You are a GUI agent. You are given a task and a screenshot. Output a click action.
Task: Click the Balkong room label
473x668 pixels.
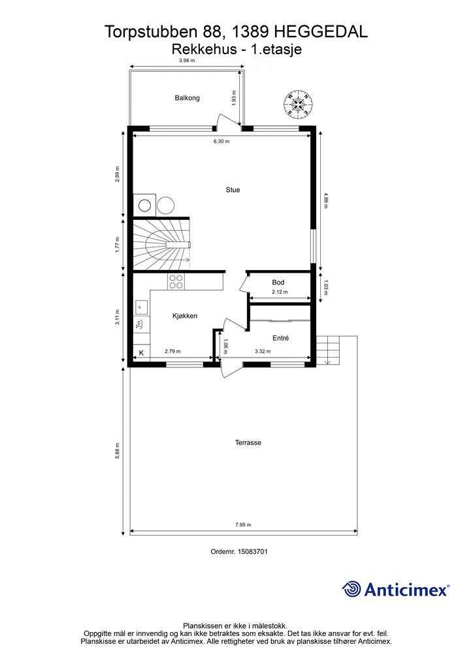pyautogui.click(x=187, y=98)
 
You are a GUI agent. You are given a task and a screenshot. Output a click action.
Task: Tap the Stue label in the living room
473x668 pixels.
pyautogui.click(x=233, y=190)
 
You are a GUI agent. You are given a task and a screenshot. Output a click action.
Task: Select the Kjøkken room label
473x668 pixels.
pyautogui.click(x=185, y=316)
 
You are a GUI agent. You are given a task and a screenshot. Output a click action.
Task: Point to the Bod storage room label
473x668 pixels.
pyautogui.click(x=278, y=282)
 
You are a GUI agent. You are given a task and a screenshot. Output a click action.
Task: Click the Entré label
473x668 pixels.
pyautogui.click(x=281, y=339)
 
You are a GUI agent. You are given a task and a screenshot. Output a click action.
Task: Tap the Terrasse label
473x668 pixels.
pyautogui.click(x=248, y=443)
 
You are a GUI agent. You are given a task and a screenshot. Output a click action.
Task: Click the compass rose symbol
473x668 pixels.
pyautogui.click(x=298, y=103)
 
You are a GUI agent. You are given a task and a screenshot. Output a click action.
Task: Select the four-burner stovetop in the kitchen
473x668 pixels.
pyautogui.click(x=176, y=282)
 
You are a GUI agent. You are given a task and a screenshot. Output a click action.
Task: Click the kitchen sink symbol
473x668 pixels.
pyautogui.click(x=140, y=307)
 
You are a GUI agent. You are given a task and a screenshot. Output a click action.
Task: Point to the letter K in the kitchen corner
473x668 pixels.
pyautogui.click(x=142, y=353)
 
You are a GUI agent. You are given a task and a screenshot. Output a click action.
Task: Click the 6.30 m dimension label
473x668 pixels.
pyautogui.click(x=221, y=142)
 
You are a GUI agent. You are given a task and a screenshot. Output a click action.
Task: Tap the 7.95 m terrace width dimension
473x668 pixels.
pyautogui.click(x=243, y=525)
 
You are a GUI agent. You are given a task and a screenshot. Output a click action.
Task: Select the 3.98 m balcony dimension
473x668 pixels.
pyautogui.click(x=187, y=61)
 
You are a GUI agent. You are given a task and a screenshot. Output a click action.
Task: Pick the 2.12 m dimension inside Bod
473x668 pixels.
pyautogui.click(x=280, y=292)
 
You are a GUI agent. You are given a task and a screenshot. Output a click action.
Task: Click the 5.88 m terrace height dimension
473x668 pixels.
pyautogui.click(x=118, y=451)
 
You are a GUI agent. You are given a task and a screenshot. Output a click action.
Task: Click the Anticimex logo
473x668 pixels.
pyautogui.click(x=395, y=590)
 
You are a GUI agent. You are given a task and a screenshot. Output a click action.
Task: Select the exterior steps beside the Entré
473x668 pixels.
pyautogui.click(x=328, y=350)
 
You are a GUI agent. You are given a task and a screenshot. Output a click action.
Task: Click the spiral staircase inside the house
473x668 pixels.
pyautogui.click(x=161, y=245)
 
